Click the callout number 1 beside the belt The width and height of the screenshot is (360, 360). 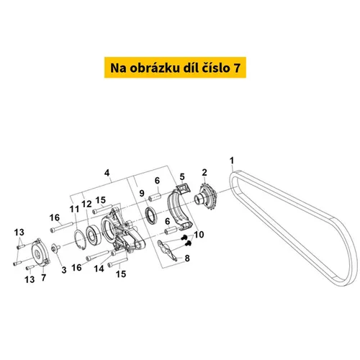232,161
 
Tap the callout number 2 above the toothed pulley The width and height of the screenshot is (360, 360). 204,172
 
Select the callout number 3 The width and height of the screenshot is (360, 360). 64,270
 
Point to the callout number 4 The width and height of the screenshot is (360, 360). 107,173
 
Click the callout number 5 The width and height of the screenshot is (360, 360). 182,177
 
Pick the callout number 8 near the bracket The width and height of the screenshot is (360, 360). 187,258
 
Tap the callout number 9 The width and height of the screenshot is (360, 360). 142,193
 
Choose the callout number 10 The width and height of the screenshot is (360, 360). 199,235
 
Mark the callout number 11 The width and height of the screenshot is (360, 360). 74,209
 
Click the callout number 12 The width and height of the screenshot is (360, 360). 86,204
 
